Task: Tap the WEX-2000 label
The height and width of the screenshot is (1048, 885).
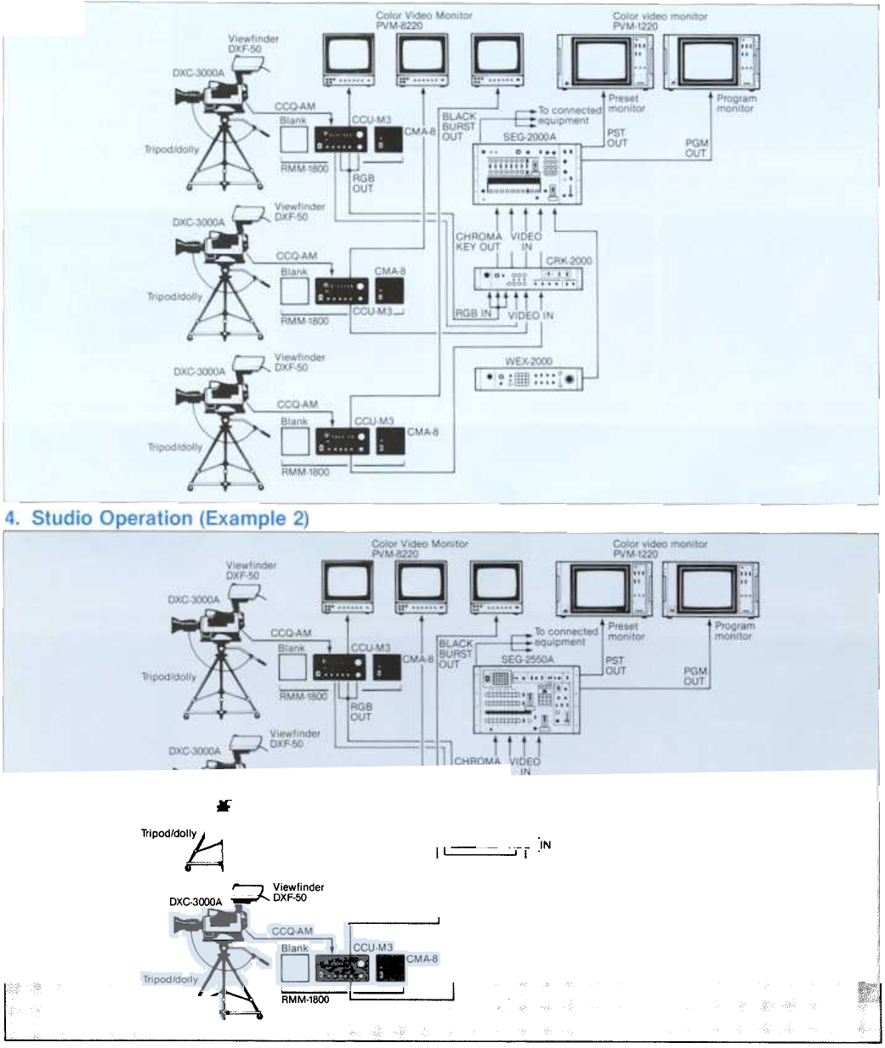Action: [x=529, y=361]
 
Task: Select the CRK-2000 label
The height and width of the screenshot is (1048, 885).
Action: [x=569, y=261]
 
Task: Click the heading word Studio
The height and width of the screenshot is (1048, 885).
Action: [x=69, y=518]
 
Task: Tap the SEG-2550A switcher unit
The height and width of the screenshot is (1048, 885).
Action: [x=527, y=698]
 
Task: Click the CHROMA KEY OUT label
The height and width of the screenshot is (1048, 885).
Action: [x=479, y=241]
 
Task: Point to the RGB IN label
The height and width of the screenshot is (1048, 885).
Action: [x=474, y=314]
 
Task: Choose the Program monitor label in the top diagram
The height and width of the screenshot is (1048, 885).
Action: [x=735, y=103]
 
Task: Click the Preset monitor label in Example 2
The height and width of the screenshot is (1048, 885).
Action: [x=627, y=632]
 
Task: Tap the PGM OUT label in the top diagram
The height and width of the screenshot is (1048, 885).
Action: [x=696, y=148]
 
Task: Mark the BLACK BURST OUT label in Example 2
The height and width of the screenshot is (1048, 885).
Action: [x=456, y=654]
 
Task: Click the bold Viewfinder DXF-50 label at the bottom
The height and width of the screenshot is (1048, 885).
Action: [x=298, y=892]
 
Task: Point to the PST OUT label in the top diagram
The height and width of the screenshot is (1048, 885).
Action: [x=617, y=138]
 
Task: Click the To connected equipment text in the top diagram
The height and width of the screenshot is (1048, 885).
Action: [x=569, y=116]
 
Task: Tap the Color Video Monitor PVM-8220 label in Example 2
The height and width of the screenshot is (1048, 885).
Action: [x=419, y=549]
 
